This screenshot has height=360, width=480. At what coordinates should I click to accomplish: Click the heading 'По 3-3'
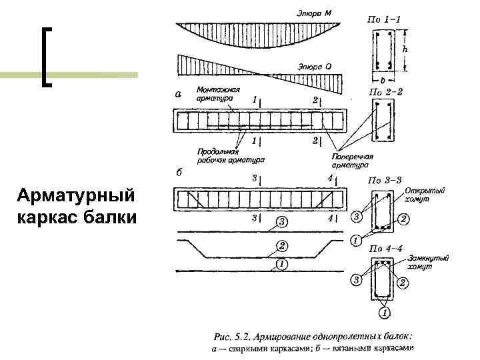(385, 180)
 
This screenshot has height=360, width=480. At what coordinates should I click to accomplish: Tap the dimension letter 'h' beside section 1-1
(405, 48)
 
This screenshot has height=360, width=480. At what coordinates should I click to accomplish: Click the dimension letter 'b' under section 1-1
(383, 77)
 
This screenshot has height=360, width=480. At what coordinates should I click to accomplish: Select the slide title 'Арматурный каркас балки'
(76, 207)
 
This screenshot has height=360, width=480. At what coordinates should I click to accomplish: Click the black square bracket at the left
(47, 57)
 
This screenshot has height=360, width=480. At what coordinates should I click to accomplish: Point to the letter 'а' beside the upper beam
(177, 94)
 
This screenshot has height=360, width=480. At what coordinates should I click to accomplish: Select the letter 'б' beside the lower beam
(179, 172)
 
